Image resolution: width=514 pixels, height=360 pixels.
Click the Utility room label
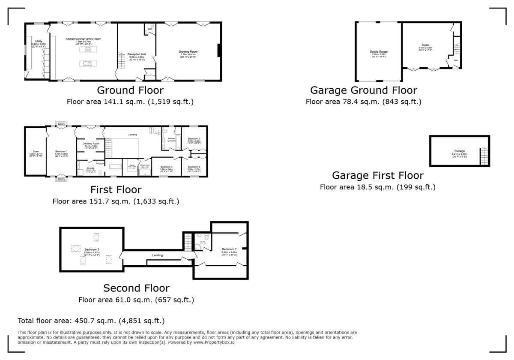coord(39,41)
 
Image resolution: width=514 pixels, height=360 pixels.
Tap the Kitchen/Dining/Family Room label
coord(83,39)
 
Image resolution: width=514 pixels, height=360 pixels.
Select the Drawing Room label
coord(188,52)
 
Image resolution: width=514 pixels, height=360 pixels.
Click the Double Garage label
coord(378,51)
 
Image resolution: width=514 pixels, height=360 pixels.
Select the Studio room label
coord(425,45)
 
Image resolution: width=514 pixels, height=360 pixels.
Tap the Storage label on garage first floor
coord(460,151)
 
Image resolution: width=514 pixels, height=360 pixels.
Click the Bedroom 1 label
coord(62,151)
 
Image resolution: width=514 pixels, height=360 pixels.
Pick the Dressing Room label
coord(91,144)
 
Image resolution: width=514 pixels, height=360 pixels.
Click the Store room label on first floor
coord(36,151)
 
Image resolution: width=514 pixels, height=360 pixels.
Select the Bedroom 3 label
coord(92,249)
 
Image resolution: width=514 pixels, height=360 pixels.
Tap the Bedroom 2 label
coord(229,249)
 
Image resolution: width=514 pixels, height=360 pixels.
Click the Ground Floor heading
coord(130,90)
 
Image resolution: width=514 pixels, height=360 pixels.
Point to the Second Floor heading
coord(136,288)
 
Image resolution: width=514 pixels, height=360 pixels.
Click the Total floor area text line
coord(91,321)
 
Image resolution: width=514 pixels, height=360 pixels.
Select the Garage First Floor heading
coord(378,175)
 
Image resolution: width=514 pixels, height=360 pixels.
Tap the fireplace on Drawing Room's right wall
coord(219,51)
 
